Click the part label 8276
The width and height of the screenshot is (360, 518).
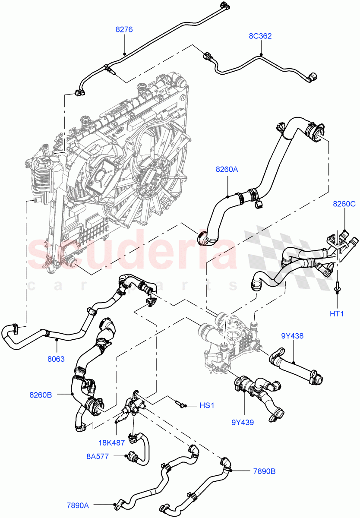(124, 30)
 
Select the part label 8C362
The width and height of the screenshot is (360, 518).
(260, 36)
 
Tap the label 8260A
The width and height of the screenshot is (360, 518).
(227, 170)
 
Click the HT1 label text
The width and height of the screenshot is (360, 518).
(337, 314)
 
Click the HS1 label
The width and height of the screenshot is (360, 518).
(206, 405)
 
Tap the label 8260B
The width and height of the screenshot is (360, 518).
(41, 394)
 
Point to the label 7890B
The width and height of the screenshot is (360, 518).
(264, 471)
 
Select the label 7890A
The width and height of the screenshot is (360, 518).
(78, 504)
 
